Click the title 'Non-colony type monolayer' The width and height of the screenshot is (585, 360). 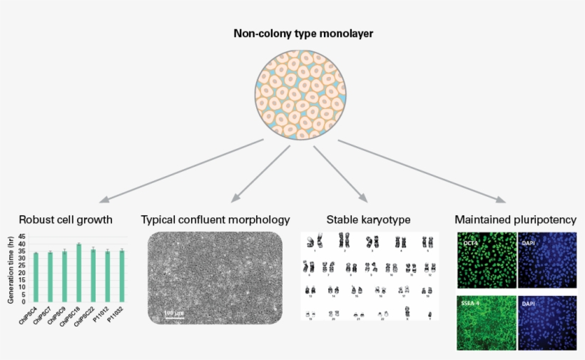(292, 34)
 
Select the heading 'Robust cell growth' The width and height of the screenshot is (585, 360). (66, 220)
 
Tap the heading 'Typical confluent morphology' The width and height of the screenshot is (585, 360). (215, 220)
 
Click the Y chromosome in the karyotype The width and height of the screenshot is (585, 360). (429, 314)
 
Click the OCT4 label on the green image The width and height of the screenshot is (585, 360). (469, 242)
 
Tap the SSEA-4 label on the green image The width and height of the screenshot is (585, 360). (472, 304)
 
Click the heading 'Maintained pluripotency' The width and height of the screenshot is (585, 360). (515, 220)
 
